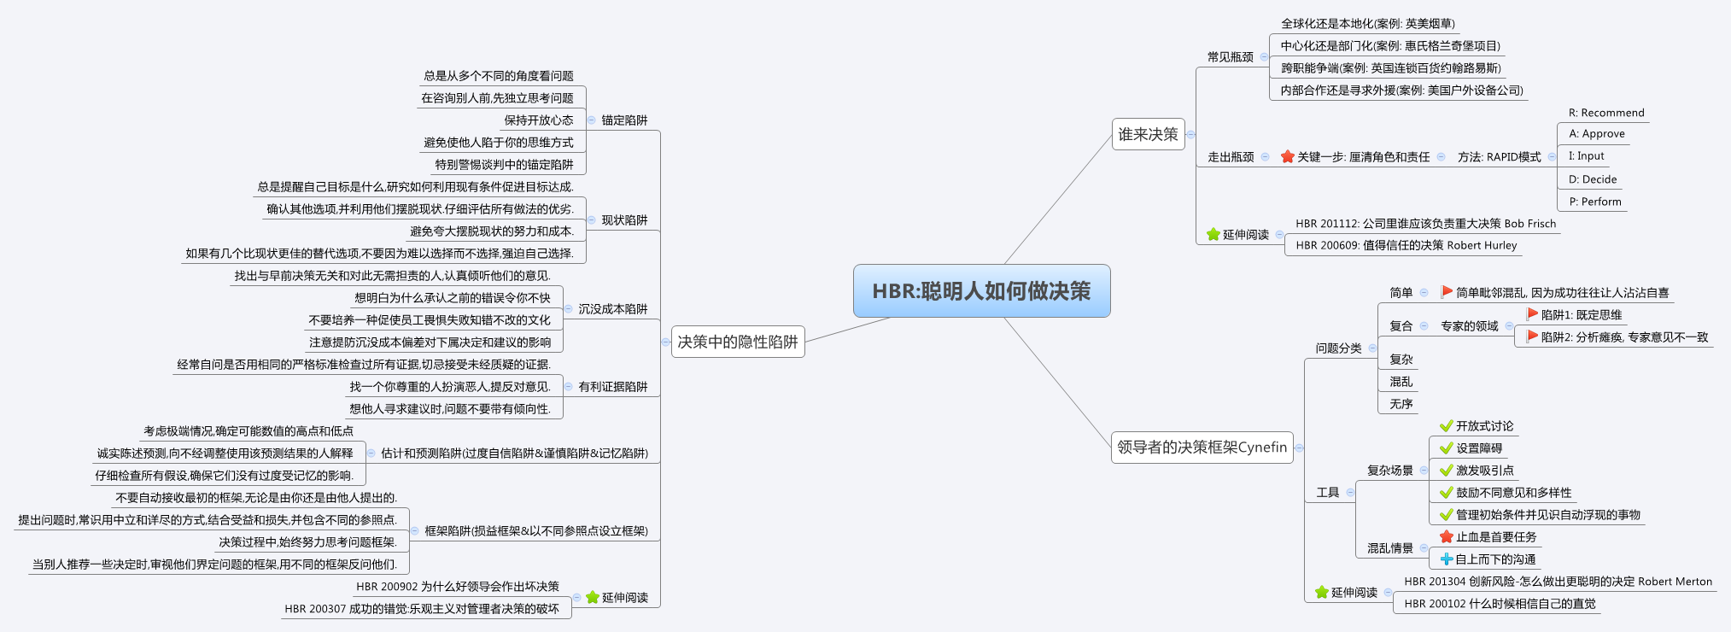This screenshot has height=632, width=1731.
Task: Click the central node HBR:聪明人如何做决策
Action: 981,291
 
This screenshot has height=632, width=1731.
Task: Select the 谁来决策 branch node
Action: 1148,134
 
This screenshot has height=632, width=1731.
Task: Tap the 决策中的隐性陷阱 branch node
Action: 738,342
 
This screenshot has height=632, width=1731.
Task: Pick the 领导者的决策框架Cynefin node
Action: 1202,447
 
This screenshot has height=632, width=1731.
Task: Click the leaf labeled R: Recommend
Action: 1605,113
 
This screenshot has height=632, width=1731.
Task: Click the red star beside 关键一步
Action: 1288,157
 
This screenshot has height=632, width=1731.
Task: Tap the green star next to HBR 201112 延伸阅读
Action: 1213,234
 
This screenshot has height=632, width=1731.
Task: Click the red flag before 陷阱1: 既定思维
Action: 1533,314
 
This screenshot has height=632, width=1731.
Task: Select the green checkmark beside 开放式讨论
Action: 1446,426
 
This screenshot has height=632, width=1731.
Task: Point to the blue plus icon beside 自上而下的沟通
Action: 1446,559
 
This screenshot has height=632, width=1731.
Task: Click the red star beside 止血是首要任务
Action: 1446,537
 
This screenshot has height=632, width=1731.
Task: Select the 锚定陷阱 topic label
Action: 624,120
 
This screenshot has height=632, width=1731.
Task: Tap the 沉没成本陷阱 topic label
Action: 613,309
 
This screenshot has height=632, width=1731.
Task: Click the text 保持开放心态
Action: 538,120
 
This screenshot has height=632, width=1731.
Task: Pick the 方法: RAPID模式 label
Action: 1499,157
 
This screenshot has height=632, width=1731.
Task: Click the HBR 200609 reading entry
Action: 1406,245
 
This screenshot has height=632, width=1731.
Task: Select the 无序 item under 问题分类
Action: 1401,404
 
